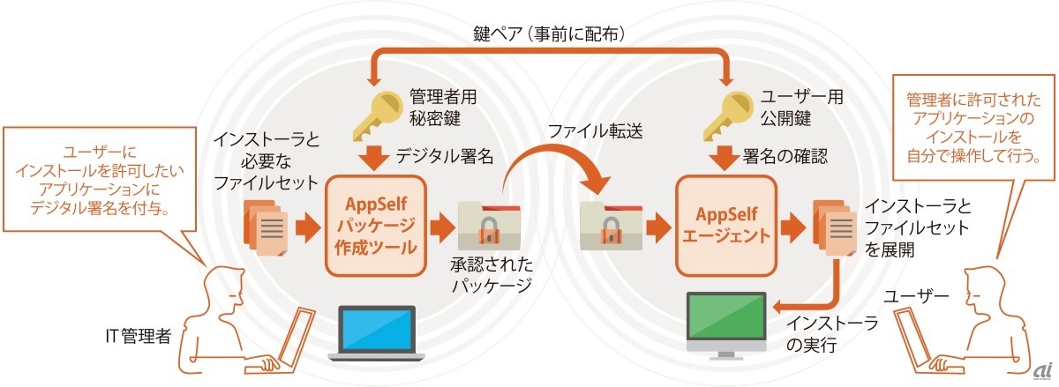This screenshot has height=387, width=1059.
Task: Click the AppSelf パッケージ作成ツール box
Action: click(377, 224)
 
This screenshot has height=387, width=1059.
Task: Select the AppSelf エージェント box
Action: click(725, 224)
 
